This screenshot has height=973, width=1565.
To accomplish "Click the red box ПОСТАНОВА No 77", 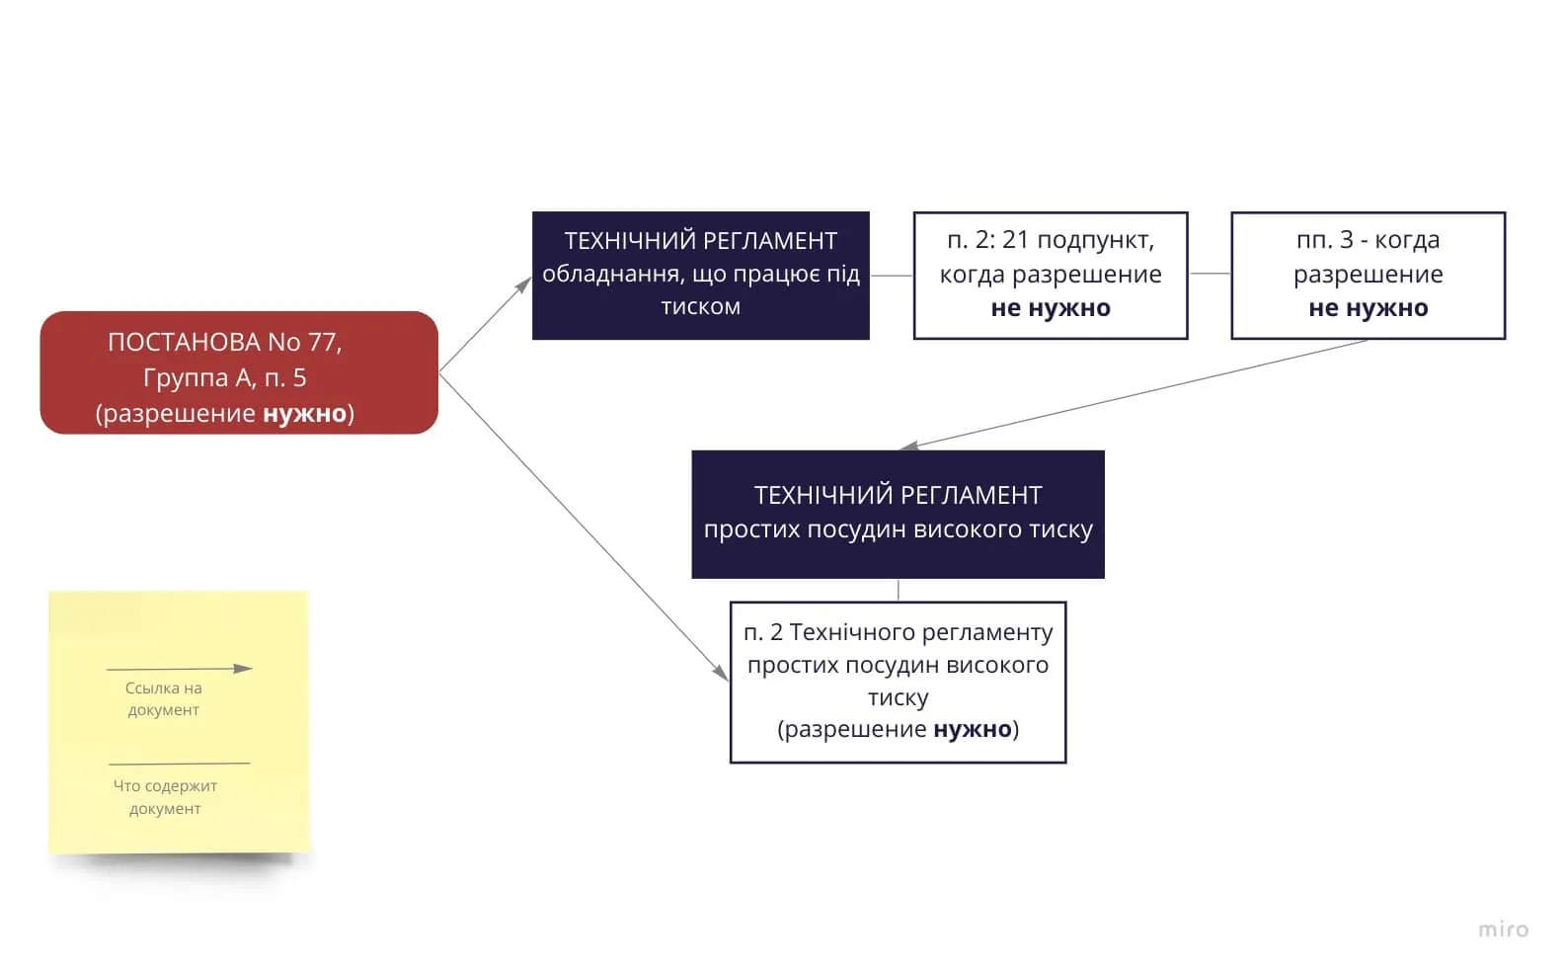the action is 239,373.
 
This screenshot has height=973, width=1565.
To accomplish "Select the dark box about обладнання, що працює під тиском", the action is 701,276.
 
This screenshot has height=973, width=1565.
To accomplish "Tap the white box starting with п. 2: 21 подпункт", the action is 1051,276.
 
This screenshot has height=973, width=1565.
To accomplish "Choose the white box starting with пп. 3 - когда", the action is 1368,276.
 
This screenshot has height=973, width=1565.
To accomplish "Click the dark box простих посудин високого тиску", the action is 898,515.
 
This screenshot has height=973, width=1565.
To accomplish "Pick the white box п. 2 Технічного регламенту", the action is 898,683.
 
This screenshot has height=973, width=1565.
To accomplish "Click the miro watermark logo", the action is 1504,930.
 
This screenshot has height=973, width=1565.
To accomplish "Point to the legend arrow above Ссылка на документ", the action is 179,669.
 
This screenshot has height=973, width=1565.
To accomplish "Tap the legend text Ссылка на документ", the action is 164,699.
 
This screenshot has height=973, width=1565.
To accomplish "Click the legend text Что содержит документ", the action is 165,797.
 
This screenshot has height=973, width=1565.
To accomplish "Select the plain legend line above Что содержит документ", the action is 179,764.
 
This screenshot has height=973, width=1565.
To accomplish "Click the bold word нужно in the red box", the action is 305,413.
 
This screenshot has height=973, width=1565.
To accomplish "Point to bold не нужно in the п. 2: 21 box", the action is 1051,308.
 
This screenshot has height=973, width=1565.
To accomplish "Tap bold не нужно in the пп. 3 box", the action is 1368,308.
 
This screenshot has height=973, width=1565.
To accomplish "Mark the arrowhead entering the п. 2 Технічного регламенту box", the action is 722,673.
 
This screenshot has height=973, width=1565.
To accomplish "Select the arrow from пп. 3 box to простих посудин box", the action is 1133,393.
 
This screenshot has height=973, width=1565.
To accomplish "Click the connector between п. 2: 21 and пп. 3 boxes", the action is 1211,274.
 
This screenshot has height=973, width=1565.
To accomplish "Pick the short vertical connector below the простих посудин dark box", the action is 898,590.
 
